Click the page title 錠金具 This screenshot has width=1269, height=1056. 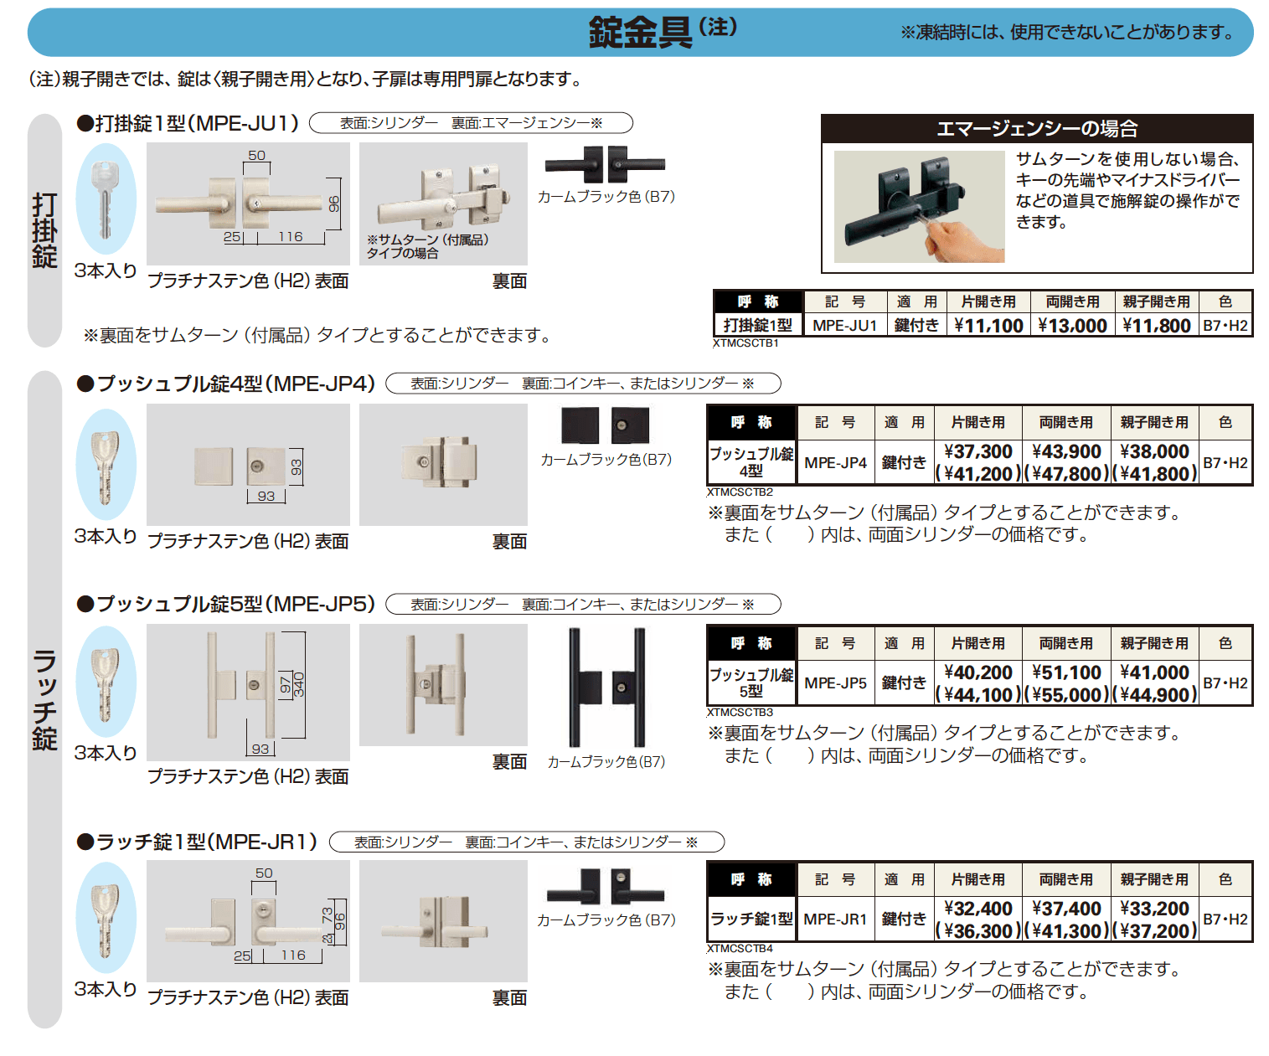[640, 33]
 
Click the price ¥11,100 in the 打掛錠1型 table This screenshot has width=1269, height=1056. [988, 326]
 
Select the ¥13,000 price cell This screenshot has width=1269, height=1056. [1072, 326]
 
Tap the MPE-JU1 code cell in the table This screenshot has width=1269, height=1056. [844, 326]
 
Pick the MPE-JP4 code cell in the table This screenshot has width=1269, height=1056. [835, 463]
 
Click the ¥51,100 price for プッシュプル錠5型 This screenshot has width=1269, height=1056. [1066, 672]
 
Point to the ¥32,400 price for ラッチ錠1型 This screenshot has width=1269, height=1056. [978, 909]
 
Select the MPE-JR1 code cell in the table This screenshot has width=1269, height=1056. [835, 919]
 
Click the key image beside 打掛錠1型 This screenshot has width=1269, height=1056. [106, 199]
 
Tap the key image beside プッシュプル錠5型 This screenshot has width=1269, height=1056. [106, 682]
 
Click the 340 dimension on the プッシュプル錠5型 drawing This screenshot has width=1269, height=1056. [299, 684]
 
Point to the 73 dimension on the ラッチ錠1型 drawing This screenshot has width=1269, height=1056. [327, 914]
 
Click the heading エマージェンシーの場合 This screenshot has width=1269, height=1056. [1036, 129]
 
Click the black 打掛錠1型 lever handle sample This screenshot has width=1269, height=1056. [605, 165]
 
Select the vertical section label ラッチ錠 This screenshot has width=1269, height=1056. [44, 700]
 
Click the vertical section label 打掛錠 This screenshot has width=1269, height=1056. [44, 230]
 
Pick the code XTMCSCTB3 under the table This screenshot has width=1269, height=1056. [740, 713]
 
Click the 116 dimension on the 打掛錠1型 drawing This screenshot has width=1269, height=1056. [291, 237]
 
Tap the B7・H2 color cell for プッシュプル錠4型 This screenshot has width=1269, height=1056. [1225, 463]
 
